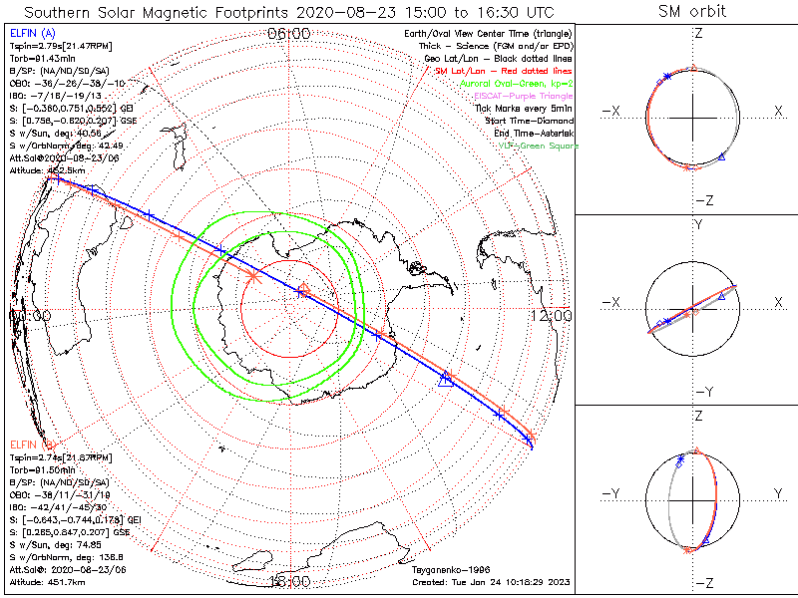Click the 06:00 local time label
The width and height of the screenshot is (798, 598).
(x=289, y=34)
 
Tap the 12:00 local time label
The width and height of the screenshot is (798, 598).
(x=551, y=315)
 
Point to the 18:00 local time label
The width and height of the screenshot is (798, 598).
(x=289, y=580)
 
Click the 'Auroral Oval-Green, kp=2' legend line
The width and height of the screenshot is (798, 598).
(x=516, y=84)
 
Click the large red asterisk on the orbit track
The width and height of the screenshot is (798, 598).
(x=253, y=276)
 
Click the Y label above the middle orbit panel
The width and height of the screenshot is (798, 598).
(x=697, y=225)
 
